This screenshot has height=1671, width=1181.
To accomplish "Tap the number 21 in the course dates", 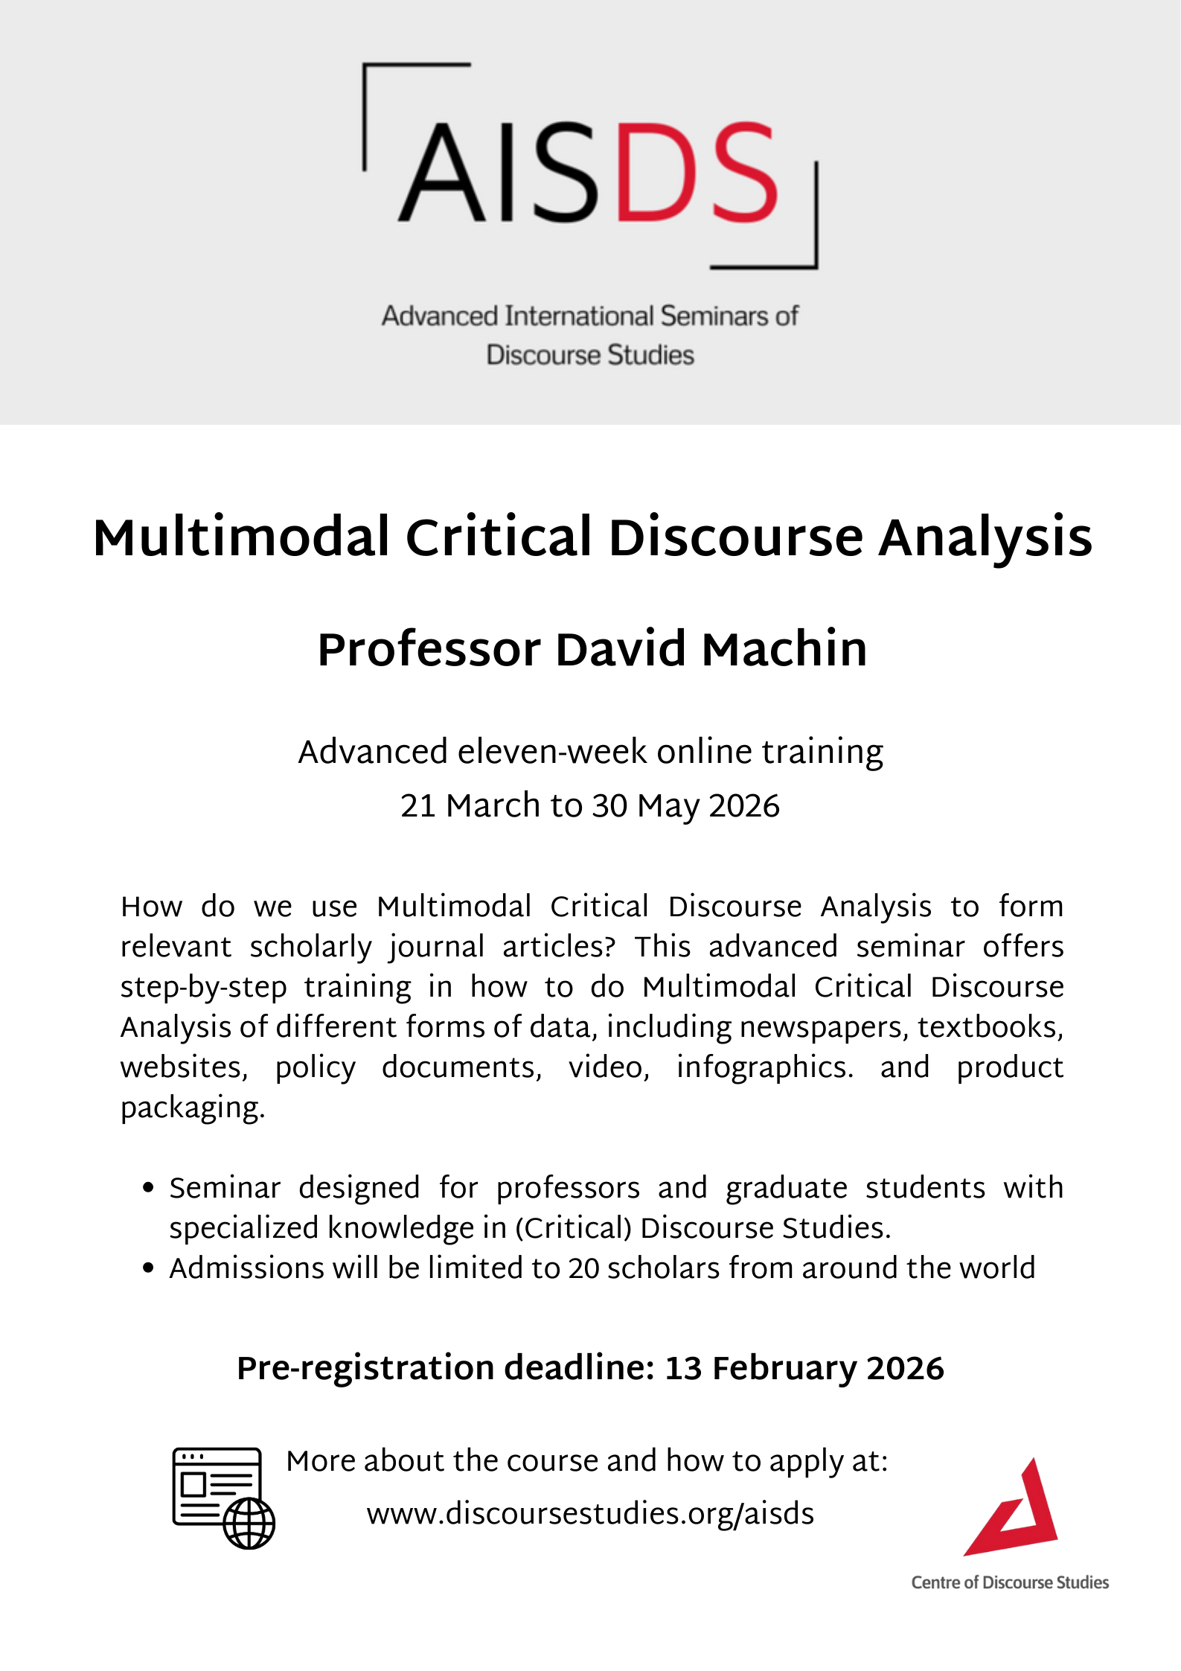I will coord(417,806).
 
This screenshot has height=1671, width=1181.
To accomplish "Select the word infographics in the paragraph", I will coord(764,1067).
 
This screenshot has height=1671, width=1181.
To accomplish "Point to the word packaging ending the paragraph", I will coord(192,1108).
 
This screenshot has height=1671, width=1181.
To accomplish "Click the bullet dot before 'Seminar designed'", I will coord(148,1188).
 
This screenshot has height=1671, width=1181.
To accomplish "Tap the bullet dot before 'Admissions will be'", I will coord(148,1268).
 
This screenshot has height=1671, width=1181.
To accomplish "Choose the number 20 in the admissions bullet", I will coord(583,1268).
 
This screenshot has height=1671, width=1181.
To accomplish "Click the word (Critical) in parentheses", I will coord(573,1228).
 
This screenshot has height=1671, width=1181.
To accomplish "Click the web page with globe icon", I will coord(223,1498).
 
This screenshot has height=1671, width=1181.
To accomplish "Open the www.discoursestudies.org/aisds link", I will coord(590,1514).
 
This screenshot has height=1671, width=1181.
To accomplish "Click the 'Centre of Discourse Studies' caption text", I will coord(1010,1582).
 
